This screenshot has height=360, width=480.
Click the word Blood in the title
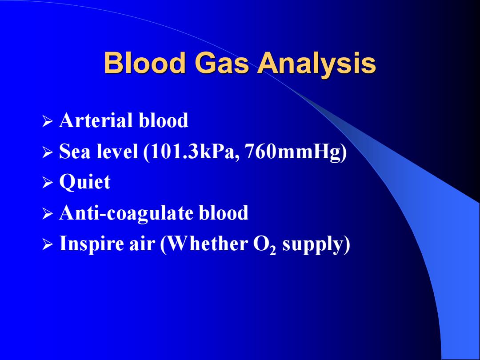[x=145, y=63]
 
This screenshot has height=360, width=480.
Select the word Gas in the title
[x=221, y=63]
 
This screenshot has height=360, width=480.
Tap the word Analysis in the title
[x=316, y=64]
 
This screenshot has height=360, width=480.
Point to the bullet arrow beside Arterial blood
[x=48, y=121]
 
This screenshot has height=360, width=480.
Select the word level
[x=117, y=151]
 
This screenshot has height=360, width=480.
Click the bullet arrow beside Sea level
[x=48, y=152]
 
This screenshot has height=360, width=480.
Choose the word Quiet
[x=85, y=182]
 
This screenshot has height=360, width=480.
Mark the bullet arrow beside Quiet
[x=48, y=183]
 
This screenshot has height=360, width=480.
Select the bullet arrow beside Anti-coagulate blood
[x=48, y=214]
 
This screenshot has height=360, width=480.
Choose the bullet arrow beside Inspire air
[x=48, y=245]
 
